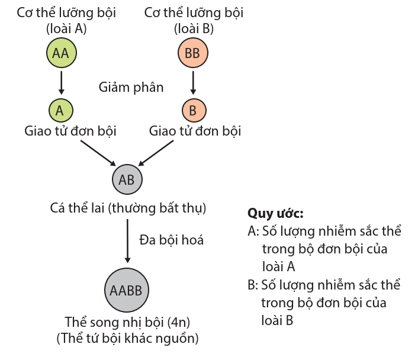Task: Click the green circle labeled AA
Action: click(x=61, y=53)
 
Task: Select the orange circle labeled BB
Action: click(x=192, y=53)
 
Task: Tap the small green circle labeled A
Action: click(x=60, y=110)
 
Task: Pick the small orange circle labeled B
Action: click(x=192, y=110)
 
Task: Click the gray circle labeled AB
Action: click(x=127, y=180)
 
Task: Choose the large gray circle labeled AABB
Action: click(x=127, y=290)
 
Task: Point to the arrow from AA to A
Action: click(x=60, y=82)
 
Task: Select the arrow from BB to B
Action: click(x=192, y=82)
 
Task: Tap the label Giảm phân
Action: click(x=131, y=87)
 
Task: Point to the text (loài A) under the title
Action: click(x=66, y=28)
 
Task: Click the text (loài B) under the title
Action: click(x=194, y=28)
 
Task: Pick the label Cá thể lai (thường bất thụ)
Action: click(x=128, y=208)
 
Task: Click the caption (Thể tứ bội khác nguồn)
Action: click(x=127, y=339)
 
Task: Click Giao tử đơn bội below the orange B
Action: click(x=195, y=131)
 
